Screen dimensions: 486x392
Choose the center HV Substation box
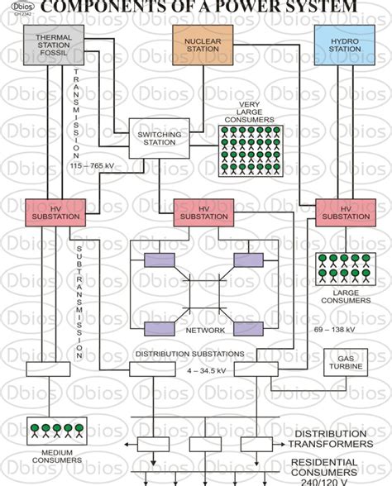(x=202, y=212)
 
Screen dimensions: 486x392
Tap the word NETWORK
(x=200, y=329)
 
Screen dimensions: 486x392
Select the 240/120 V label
(x=337, y=480)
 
